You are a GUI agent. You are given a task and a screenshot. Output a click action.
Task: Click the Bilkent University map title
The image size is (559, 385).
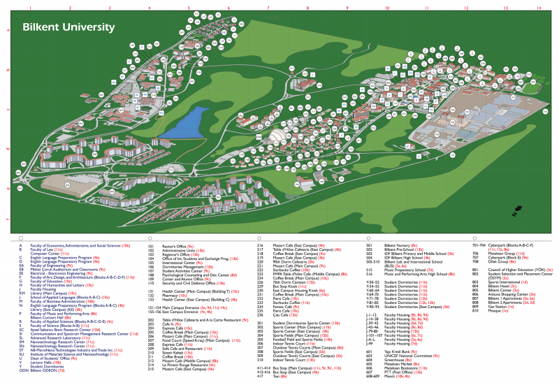point(68,27)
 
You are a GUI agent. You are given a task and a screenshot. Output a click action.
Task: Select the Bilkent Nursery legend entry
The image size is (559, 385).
point(399,246)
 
